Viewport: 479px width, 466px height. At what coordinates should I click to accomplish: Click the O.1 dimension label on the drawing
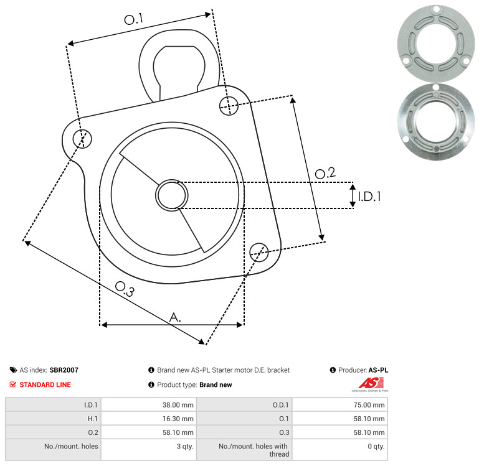pyautogui.click(x=134, y=19)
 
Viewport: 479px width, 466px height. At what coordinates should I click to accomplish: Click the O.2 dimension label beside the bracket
pyautogui.click(x=325, y=173)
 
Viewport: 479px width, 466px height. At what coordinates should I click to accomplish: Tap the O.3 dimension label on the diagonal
pyautogui.click(x=125, y=289)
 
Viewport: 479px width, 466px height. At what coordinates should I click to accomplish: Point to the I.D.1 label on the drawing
pyautogui.click(x=369, y=197)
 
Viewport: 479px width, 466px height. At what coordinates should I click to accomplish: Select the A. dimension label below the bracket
pyautogui.click(x=175, y=317)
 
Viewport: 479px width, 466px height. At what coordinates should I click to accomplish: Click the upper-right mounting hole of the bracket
pyautogui.click(x=229, y=106)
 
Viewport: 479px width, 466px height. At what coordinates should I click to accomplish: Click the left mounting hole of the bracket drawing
pyautogui.click(x=82, y=139)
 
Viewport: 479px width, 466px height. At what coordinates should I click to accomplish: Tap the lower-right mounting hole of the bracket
pyautogui.click(x=259, y=252)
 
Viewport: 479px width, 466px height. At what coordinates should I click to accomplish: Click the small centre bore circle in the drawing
pyautogui.click(x=172, y=195)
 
